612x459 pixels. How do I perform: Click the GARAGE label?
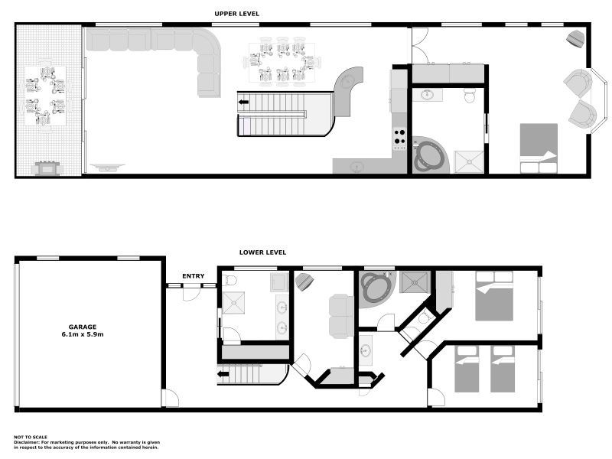pos(83,327)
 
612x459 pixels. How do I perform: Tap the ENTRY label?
pos(193,276)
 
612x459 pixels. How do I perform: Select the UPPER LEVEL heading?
pos(237,14)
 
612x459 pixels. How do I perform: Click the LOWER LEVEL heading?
pos(262,252)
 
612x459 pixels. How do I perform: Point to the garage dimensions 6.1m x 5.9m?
pos(83,335)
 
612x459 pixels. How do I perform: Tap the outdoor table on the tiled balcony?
pos(45,96)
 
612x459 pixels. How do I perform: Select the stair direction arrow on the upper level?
pos(244,102)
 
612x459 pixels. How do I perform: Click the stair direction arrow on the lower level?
pos(223,374)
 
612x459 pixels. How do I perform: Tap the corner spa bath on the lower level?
pos(376,289)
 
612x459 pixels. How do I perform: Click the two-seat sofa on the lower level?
pos(340,316)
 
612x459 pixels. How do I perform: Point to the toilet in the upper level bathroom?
pos(470,95)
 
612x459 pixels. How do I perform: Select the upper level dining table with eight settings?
pos(281,61)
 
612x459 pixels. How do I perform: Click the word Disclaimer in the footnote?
pos(28,441)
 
